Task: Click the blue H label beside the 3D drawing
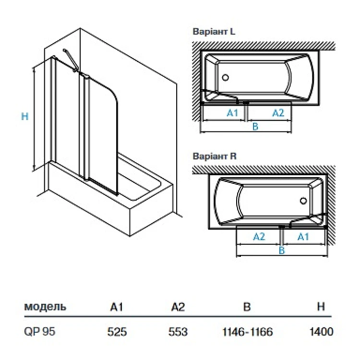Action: tap(25, 116)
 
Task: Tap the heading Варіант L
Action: tap(214, 32)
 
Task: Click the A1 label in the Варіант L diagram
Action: tap(232, 113)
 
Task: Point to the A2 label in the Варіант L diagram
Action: tap(278, 113)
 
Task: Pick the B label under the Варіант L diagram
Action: tap(255, 126)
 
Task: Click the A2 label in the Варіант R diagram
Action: tap(260, 236)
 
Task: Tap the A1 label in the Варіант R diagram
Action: tap(303, 236)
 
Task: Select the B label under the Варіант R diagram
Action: tap(282, 250)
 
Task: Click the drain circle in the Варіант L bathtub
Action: tap(227, 77)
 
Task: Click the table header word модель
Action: tap(45, 307)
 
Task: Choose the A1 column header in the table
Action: tap(117, 307)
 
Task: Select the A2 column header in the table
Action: tap(178, 307)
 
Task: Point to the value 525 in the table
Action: tap(118, 332)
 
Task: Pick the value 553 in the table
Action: tap(178, 332)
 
